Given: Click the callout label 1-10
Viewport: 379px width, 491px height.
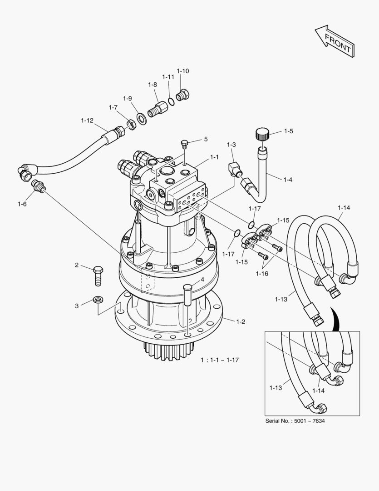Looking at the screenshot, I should (183, 71).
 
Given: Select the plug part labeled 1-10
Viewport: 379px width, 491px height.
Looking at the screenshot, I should (184, 95).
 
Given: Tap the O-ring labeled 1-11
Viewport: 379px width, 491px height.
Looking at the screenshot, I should (169, 101).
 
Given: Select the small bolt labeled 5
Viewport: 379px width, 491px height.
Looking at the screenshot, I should (184, 145).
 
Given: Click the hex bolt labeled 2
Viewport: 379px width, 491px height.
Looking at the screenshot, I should (98, 275).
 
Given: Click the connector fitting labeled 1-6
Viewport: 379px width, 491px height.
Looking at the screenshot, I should (38, 186).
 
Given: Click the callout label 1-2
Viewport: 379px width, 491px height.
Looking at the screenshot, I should (241, 322).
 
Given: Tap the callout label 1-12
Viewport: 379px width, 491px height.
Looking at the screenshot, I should (87, 120).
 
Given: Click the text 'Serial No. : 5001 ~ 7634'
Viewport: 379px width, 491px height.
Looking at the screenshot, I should (295, 421).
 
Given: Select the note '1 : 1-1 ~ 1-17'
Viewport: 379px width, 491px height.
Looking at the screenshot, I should (220, 360).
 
